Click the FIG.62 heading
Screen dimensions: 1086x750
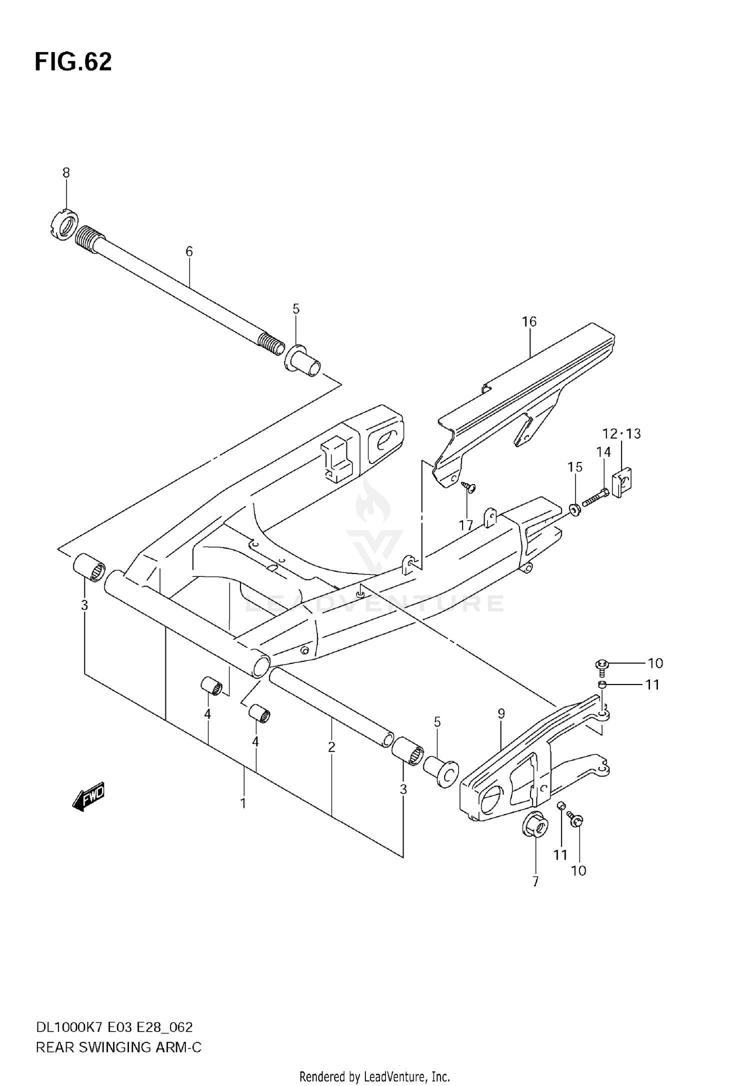73,62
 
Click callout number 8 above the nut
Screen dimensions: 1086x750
66,173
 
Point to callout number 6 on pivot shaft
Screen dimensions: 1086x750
189,251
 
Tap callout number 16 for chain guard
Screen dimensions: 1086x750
529,321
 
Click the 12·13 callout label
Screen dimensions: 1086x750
621,433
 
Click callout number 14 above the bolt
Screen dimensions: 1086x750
603,452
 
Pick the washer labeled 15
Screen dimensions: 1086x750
575,509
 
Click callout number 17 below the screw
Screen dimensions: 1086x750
466,525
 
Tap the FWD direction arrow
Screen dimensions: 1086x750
89,796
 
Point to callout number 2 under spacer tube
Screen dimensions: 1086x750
331,747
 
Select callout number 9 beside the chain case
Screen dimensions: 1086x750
501,713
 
